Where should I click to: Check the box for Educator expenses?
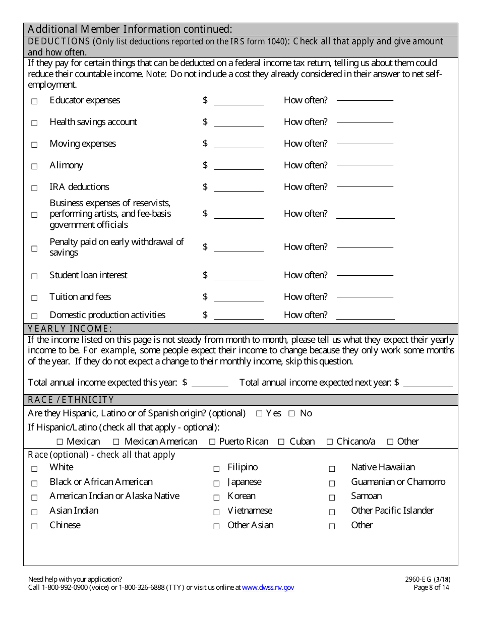pos(35,101)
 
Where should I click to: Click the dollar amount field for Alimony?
pos(238,165)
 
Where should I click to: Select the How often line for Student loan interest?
pos(365,275)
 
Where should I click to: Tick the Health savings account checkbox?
pos(35,123)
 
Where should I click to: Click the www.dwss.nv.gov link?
pos(268,587)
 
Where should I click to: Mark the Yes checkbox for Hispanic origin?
pos(259,414)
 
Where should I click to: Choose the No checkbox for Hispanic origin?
pos(291,414)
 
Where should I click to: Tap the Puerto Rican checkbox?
pos(213,442)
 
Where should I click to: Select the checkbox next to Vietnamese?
pos(216,512)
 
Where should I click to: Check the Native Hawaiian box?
pos(332,469)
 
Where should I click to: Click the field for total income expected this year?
pos(210,383)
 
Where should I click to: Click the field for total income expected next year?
pos(428,383)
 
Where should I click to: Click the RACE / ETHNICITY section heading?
pos(71,400)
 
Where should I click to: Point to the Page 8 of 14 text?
pos(431,587)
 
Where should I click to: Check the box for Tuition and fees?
pos(35,298)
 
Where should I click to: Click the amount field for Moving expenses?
pos(238,144)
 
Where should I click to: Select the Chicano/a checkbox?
pos(330,442)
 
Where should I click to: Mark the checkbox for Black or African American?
pos(35,483)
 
